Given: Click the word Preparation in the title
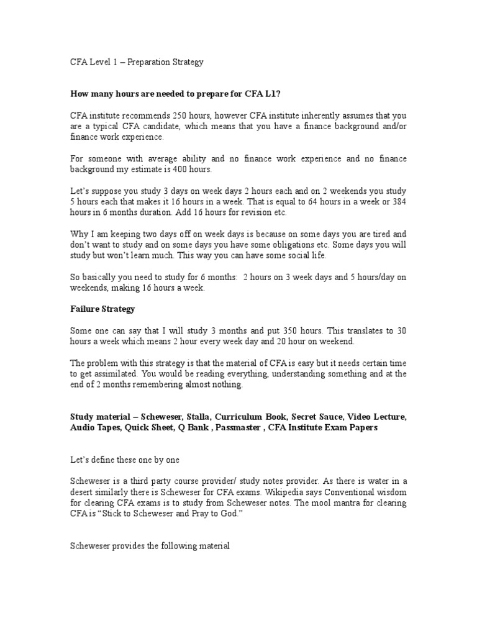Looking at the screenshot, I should pyautogui.click(x=141, y=63).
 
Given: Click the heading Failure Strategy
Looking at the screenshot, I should pyautogui.click(x=101, y=309).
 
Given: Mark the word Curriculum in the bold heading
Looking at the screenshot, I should pyautogui.click(x=244, y=417).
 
